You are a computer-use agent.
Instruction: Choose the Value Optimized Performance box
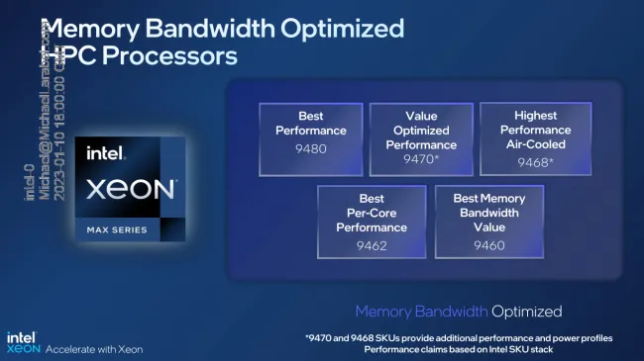point(420,137)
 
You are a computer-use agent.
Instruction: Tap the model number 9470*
point(420,158)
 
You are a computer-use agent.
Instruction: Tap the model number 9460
point(488,245)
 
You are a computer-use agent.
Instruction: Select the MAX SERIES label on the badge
point(112,230)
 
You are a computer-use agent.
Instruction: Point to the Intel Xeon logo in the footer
point(27,342)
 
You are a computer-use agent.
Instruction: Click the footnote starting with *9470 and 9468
point(459,338)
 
